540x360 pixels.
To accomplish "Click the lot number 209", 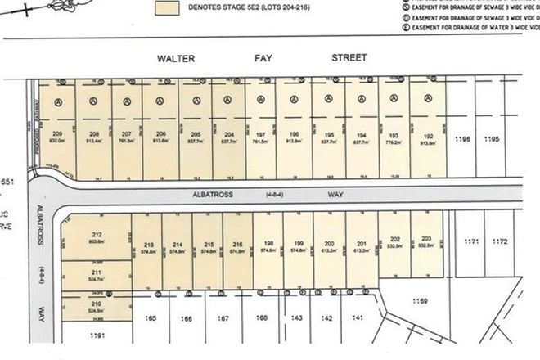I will [x=57, y=132].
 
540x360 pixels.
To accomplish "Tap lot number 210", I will [x=97, y=304].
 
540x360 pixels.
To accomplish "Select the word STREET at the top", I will [x=349, y=58].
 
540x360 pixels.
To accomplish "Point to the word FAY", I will [x=265, y=58].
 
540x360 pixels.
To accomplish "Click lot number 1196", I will [x=463, y=140].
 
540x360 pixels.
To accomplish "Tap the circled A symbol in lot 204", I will [x=229, y=101].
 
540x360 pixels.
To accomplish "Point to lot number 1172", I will [x=500, y=243].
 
